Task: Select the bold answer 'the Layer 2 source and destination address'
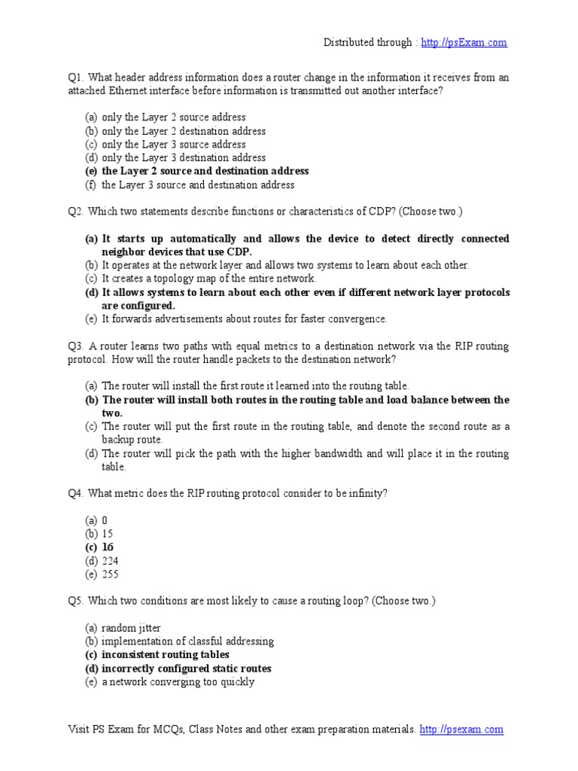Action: (x=205, y=171)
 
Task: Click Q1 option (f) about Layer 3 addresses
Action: (x=198, y=184)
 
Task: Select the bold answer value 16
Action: (x=108, y=547)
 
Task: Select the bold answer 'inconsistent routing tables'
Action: (x=165, y=655)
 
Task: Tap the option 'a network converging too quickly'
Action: (x=178, y=682)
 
